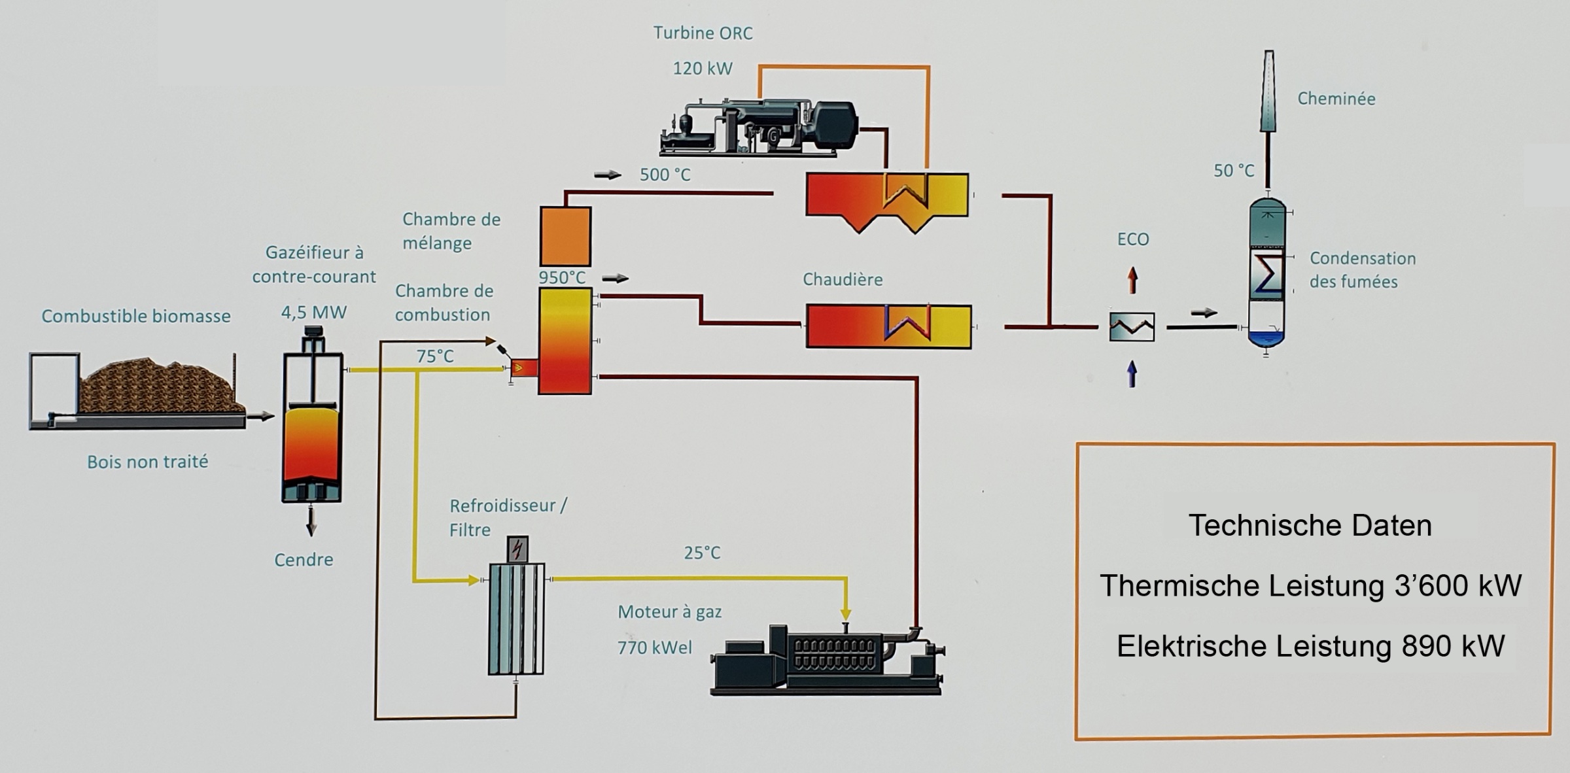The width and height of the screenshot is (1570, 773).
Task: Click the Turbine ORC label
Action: (703, 33)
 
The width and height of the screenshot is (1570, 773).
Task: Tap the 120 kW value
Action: (703, 69)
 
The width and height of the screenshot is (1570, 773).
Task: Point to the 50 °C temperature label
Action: (1234, 171)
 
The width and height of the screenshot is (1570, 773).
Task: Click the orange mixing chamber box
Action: (565, 236)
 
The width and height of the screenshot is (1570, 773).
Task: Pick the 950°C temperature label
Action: (562, 278)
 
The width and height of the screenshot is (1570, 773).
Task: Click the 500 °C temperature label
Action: (665, 175)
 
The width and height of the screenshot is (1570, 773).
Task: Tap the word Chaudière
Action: (843, 280)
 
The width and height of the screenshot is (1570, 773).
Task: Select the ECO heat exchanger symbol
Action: (1132, 327)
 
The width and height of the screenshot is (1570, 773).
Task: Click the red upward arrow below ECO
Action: (1132, 281)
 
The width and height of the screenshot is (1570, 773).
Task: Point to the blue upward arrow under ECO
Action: (1132, 374)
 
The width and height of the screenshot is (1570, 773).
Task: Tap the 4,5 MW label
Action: (313, 313)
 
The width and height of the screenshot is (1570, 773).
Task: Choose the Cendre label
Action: (304, 560)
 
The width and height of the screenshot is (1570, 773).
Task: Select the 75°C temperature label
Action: (435, 356)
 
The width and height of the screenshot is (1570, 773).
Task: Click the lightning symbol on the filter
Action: (517, 549)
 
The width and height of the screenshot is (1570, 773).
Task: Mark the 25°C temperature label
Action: (702, 553)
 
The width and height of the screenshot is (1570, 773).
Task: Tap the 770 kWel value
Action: (654, 647)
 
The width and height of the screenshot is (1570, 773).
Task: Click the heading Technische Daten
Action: (1310, 526)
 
